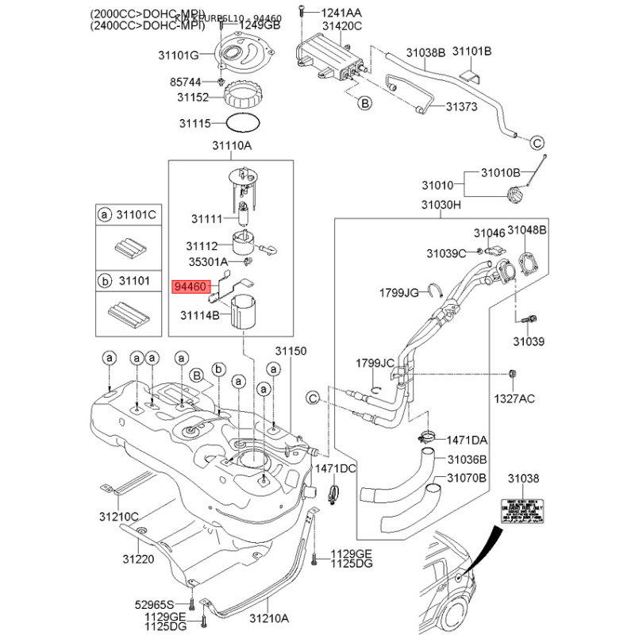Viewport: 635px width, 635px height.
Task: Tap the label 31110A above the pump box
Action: (231, 147)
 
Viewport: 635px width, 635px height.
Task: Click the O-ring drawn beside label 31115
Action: (242, 123)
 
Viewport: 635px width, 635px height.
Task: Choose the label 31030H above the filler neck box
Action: (441, 205)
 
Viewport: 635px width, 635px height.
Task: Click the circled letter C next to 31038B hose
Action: (536, 143)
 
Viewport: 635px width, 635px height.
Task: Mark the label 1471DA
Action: (468, 440)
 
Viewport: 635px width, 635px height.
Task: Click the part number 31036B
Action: (467, 460)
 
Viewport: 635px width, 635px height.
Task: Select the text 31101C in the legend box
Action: (137, 214)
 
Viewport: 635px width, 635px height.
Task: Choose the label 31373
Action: (460, 107)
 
